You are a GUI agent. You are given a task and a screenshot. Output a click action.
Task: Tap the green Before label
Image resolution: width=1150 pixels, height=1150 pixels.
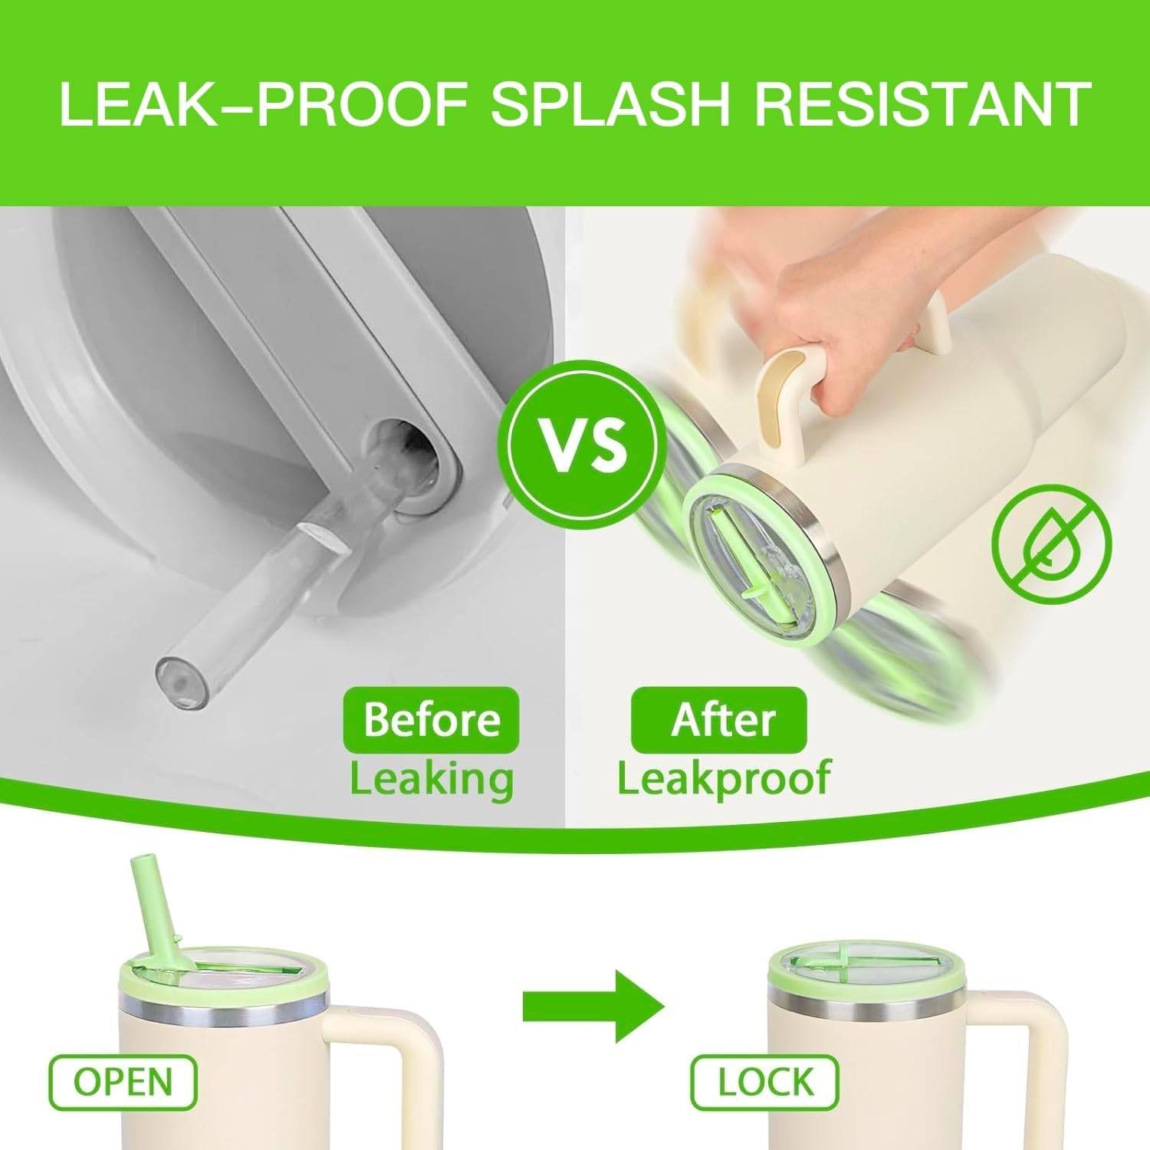[x=432, y=719]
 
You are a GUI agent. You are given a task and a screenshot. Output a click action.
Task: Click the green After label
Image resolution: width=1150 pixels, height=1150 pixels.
[x=719, y=719]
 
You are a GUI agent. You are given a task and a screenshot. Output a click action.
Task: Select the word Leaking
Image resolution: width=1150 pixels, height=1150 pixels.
[x=432, y=778]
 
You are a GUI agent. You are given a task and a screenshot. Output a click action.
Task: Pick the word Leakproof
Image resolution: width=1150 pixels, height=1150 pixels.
[x=724, y=779]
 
